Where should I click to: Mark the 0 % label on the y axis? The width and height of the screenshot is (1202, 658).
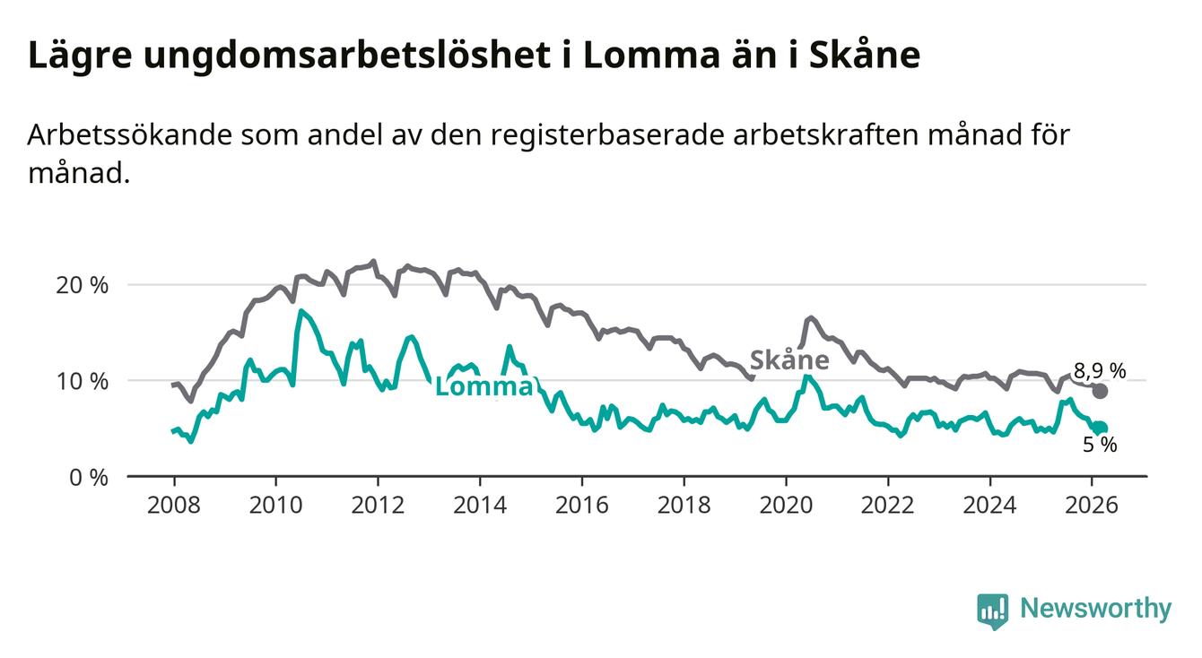(x=88, y=477)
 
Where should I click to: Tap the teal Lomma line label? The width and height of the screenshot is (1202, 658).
(x=483, y=387)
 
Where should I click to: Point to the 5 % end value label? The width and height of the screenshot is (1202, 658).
(x=1099, y=445)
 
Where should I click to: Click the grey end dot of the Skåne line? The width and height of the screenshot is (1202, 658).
(x=1100, y=391)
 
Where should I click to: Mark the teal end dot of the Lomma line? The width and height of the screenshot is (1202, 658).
(x=1100, y=429)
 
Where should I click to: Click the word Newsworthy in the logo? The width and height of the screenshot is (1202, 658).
(x=1095, y=610)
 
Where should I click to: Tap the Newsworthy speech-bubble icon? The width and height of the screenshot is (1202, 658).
(x=992, y=610)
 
